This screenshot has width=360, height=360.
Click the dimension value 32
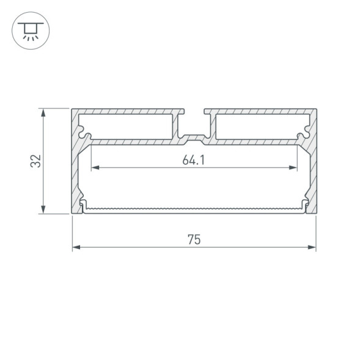[35, 161]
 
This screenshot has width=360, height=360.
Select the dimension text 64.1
[193, 160]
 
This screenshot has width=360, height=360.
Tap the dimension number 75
[194, 240]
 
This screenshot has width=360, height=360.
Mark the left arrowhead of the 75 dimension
[76, 248]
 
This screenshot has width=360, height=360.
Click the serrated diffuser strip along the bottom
[194, 210]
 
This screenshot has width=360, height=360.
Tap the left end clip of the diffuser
[83, 206]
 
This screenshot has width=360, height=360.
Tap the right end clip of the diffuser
[304, 206]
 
